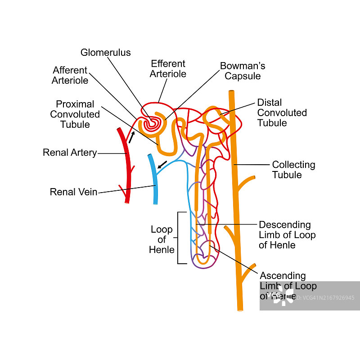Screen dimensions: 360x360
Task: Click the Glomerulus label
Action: click(105, 53)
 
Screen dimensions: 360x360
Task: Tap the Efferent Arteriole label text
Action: click(168, 69)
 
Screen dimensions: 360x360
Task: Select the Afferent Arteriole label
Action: click(70, 76)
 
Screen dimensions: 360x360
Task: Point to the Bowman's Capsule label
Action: click(243, 71)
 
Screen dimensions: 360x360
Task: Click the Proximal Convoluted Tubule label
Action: click(75, 114)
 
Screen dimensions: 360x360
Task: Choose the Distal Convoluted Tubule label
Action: click(282, 112)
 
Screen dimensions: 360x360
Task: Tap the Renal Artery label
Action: click(70, 153)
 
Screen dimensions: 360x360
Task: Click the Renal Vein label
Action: click(73, 192)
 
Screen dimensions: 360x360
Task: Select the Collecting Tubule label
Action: click(293, 170)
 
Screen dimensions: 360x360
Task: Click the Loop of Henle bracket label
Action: click(162, 239)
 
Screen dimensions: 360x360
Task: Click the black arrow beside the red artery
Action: click(131, 137)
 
